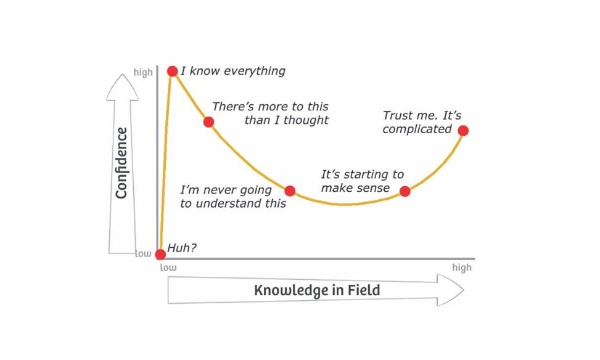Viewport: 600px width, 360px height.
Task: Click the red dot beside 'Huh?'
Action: pos(160,254)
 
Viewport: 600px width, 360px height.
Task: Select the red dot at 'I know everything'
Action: pos(172,72)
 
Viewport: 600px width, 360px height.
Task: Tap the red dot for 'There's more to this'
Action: pos(208,121)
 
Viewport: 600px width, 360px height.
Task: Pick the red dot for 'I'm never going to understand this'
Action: pos(290,190)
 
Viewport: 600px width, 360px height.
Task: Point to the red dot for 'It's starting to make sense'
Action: pos(405,191)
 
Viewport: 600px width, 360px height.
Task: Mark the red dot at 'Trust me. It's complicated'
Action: pos(463,130)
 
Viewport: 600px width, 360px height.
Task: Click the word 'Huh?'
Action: pos(181,249)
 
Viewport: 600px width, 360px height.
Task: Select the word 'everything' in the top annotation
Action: pos(255,71)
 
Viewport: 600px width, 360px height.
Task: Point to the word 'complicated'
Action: pos(417,129)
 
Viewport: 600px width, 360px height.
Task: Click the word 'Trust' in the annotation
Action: pos(398,115)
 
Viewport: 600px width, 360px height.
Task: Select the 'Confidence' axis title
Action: pos(121,163)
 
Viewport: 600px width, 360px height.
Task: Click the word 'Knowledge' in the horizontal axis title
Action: pos(292,290)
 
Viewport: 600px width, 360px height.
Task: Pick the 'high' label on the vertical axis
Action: pos(143,73)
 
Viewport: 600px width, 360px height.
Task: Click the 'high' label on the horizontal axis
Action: pos(461,268)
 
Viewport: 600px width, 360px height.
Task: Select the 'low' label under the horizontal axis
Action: pos(168,268)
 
